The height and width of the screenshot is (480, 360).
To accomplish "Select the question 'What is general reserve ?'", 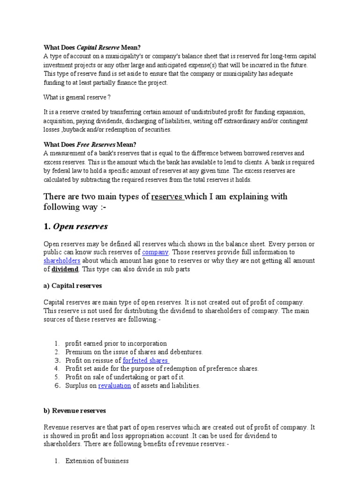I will tap(77, 97).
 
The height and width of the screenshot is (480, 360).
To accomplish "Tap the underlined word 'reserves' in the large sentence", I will tap(167, 196).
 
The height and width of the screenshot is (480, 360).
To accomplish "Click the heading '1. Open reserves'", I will tap(75, 227).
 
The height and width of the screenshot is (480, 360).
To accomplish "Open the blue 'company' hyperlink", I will tap(155, 252).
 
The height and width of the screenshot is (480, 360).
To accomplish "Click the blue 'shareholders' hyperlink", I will tap(62, 260).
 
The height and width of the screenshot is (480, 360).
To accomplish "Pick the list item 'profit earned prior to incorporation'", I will tap(116, 344).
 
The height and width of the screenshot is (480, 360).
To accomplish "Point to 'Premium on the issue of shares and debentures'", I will tap(134, 352).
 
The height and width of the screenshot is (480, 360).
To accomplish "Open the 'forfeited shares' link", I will tap(145, 360).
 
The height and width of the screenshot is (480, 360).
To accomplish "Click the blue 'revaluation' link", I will tap(114, 386).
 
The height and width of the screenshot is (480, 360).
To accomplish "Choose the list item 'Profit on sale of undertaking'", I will tap(125, 377).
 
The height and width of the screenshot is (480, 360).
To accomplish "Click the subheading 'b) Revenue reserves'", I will tap(75, 411).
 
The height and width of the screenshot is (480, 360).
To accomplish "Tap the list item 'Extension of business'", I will tap(97, 461).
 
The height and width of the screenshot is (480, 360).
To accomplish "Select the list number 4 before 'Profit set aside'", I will tap(57, 369).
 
